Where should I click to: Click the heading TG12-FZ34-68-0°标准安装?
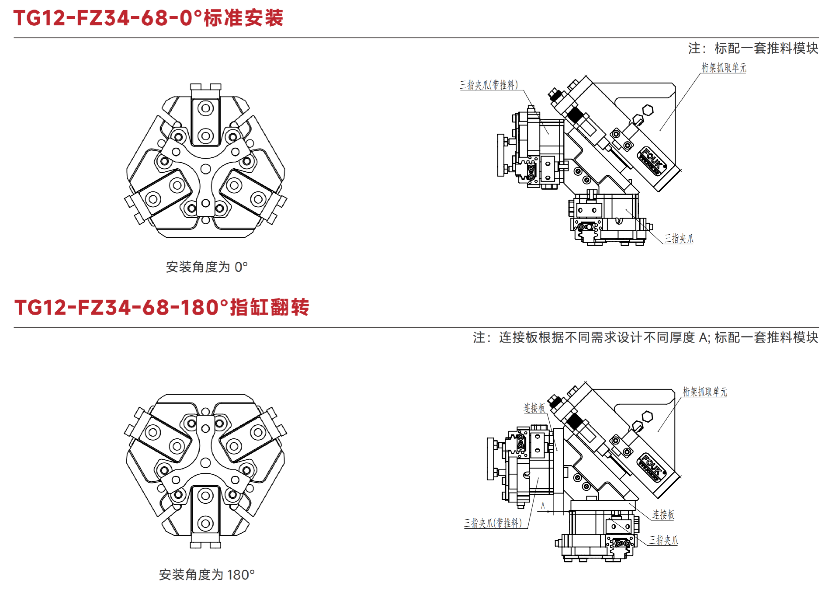(x=149, y=18)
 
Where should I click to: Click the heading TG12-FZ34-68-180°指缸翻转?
(x=162, y=307)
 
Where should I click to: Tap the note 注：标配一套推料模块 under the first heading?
(x=753, y=48)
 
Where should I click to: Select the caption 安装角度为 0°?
(x=207, y=267)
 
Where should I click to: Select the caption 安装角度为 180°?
(x=207, y=574)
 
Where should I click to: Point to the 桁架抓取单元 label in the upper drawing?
(x=724, y=68)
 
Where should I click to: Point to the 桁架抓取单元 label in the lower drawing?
(x=705, y=392)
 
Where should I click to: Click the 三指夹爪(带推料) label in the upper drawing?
(x=489, y=85)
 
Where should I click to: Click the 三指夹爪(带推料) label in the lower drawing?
(x=492, y=523)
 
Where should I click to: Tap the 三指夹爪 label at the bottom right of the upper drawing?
(x=679, y=239)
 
